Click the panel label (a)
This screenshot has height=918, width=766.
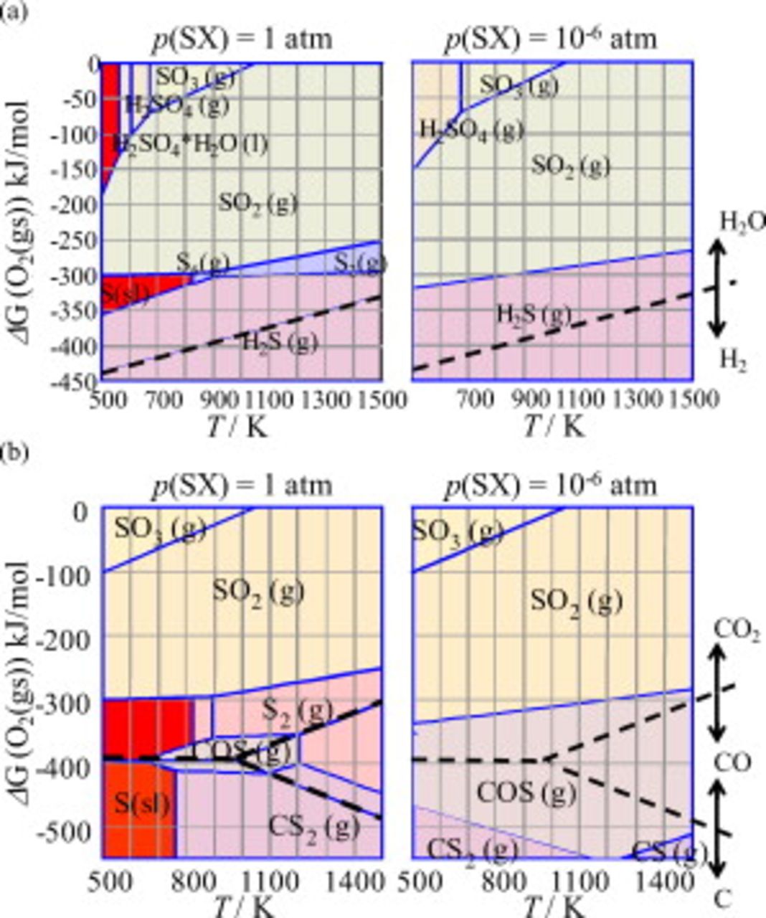pos(13,12)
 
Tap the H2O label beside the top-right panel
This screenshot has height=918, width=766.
pos(742,222)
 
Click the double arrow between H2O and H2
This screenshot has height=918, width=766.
pos(719,287)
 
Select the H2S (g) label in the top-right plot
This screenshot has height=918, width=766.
pos(534,314)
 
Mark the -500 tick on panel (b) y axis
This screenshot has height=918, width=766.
pos(72,832)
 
